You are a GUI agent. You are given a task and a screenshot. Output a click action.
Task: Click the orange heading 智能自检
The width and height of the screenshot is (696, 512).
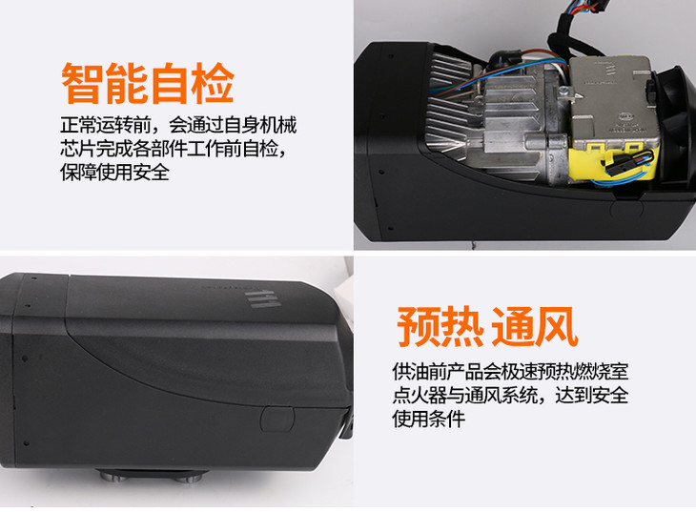point(148,83)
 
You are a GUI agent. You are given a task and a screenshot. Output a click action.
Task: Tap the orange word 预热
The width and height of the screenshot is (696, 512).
point(440,326)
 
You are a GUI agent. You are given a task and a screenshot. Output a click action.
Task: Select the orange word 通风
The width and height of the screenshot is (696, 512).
point(535,326)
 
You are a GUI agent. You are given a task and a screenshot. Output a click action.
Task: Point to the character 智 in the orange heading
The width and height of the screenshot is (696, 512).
point(82,83)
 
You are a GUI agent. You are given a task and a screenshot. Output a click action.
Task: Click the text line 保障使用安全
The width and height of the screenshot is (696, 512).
point(114,173)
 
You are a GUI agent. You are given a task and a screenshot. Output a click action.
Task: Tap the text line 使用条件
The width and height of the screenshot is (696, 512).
point(429,419)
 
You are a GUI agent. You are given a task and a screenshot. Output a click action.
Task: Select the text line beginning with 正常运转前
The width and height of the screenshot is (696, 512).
point(178,125)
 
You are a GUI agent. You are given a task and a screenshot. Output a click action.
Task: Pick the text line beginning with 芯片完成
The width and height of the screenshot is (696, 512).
point(174,149)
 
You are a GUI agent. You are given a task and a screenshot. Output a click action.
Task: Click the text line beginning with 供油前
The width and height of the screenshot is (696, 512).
point(510,371)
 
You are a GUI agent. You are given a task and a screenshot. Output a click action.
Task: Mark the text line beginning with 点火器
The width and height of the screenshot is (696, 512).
point(510,395)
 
